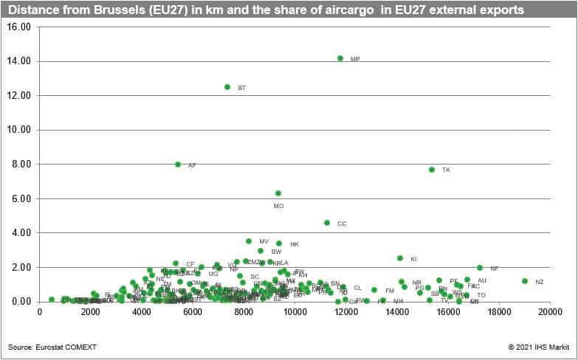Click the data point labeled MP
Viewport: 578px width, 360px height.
tap(340, 58)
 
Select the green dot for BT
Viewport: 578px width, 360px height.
tap(227, 87)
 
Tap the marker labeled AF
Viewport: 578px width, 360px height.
tap(178, 165)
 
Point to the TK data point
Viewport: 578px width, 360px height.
tap(432, 170)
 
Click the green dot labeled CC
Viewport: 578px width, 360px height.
tap(327, 223)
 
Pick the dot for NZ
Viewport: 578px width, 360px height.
tap(525, 281)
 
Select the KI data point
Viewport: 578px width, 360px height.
tap(400, 258)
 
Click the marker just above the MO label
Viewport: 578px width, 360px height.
tap(278, 193)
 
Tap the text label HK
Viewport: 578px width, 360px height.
tap(295, 244)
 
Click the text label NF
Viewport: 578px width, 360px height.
tap(495, 269)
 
